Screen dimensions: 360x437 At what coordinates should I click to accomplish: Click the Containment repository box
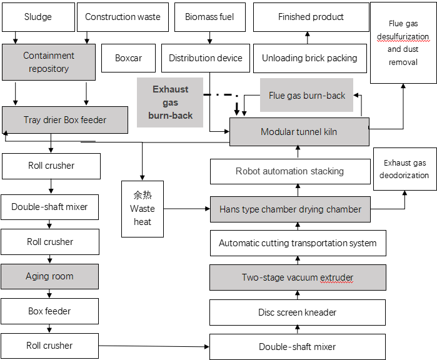(49, 62)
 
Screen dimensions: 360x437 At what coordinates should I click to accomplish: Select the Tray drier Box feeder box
(65, 120)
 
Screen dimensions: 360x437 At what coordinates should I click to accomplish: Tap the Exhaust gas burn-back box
(170, 102)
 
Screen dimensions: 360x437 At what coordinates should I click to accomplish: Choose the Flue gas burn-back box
(306, 96)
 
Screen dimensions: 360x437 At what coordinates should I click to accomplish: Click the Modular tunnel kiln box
(299, 132)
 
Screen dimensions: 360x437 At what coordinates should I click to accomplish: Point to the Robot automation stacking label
(289, 171)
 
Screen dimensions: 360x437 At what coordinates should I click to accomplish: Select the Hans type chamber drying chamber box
(290, 209)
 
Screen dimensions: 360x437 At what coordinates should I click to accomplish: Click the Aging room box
(49, 276)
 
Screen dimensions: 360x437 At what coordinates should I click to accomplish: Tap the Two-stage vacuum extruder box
(298, 277)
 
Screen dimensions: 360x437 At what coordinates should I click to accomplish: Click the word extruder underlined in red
(337, 277)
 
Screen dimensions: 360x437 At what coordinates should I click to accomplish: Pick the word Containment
(49, 56)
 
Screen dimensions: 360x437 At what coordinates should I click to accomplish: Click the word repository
(49, 69)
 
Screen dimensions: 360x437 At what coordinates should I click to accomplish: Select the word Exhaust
(170, 89)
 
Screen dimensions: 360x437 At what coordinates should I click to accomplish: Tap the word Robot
(247, 171)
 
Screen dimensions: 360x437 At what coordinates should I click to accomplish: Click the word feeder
(93, 120)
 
